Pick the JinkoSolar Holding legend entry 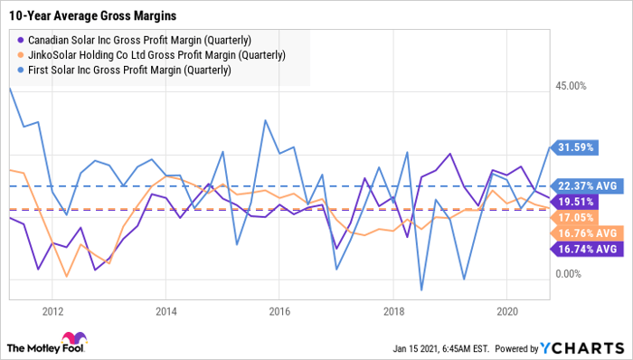[x=150, y=56]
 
